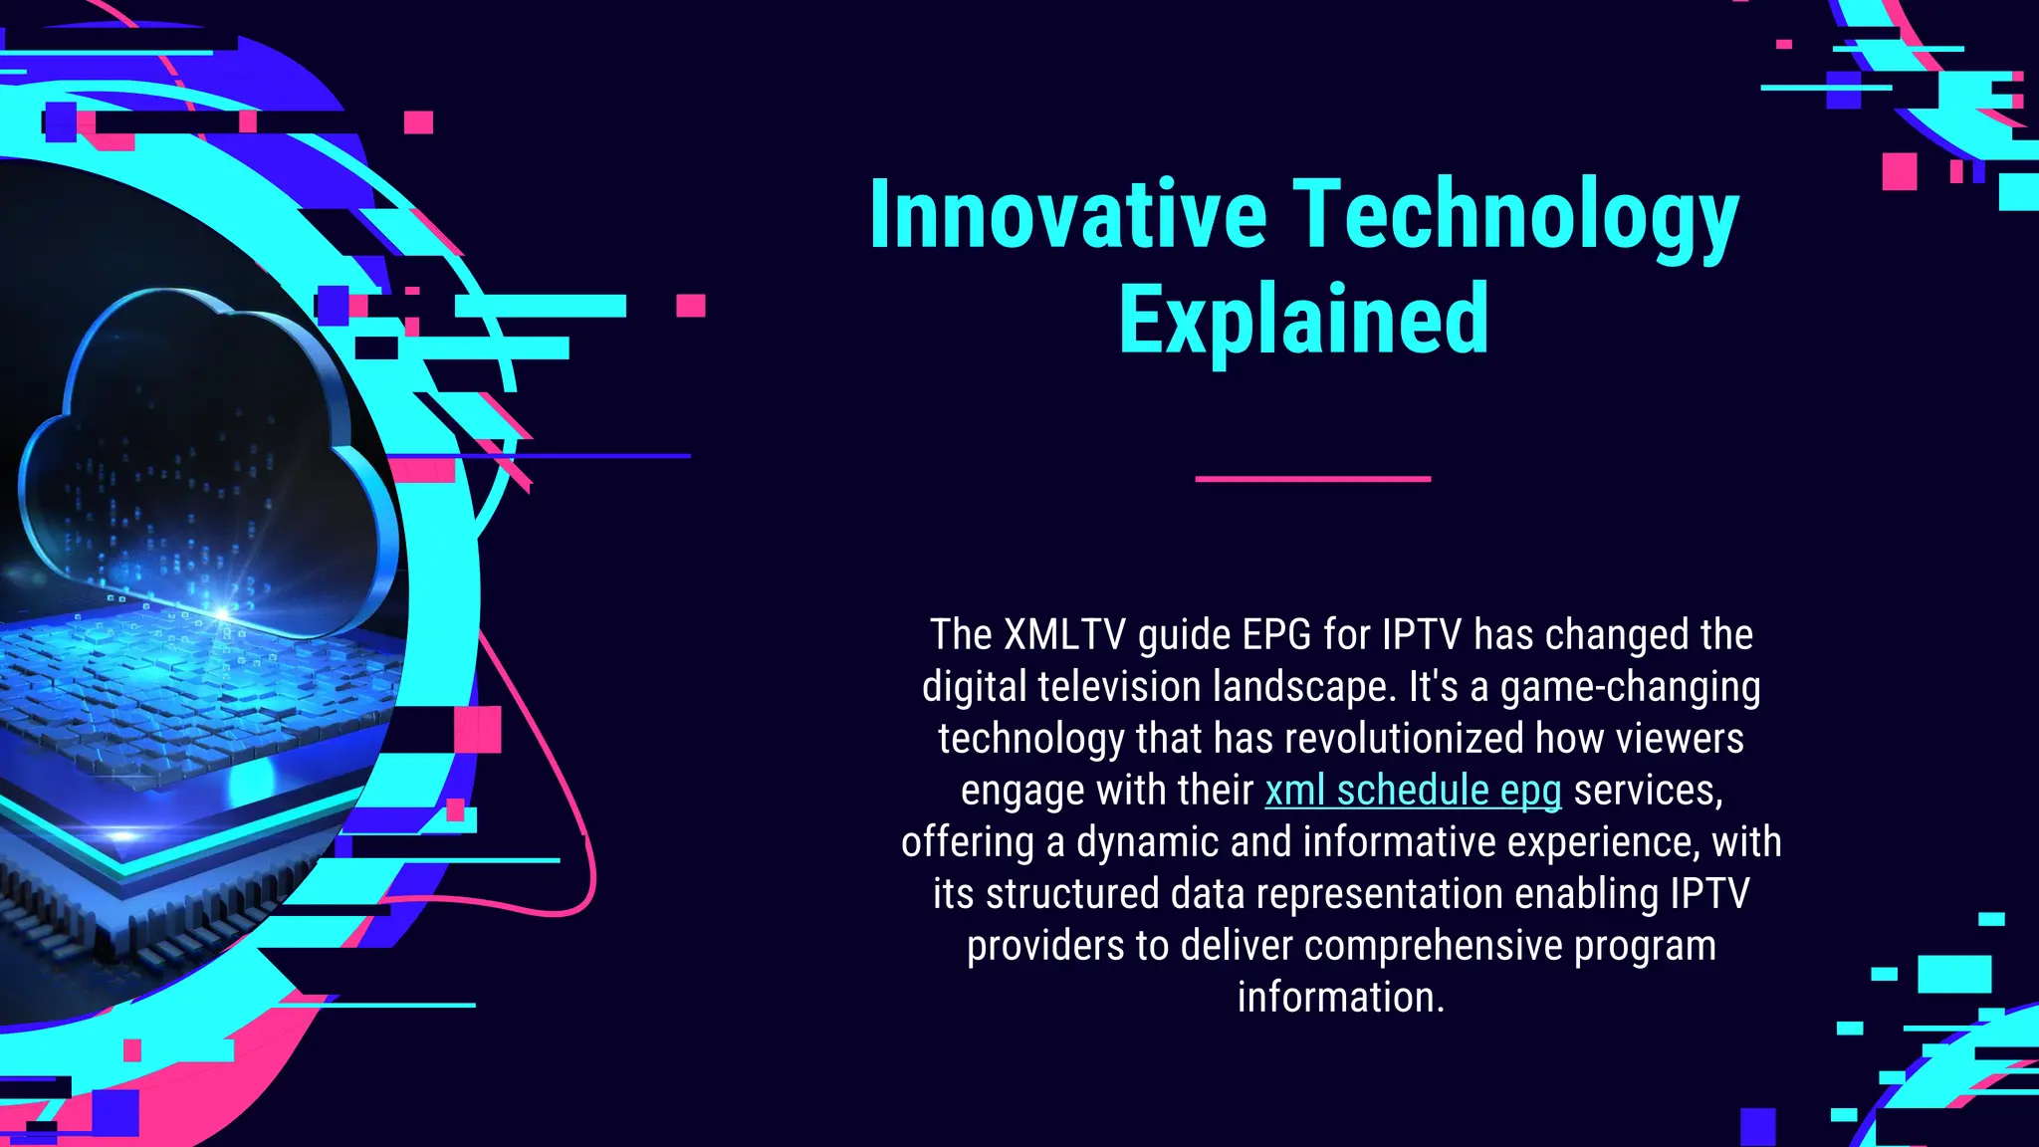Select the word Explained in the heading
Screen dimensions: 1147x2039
point(1303,320)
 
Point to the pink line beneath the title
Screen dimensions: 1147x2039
point(1312,479)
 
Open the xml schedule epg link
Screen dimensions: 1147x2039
point(1413,791)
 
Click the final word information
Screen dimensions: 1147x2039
point(1340,998)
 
